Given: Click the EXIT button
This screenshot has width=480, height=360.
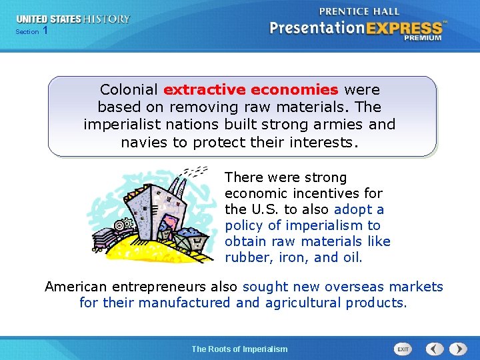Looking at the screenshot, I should click(x=403, y=349).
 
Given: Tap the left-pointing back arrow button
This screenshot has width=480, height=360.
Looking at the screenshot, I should click(x=435, y=349).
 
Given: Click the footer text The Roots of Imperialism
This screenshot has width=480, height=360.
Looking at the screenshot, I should click(x=239, y=349).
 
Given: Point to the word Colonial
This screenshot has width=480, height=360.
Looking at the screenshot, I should click(x=129, y=89).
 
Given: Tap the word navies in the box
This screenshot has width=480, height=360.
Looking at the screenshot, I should click(x=143, y=141).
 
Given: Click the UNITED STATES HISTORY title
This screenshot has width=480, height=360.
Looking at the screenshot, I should click(x=73, y=19).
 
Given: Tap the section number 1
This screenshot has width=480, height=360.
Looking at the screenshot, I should click(x=45, y=31).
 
